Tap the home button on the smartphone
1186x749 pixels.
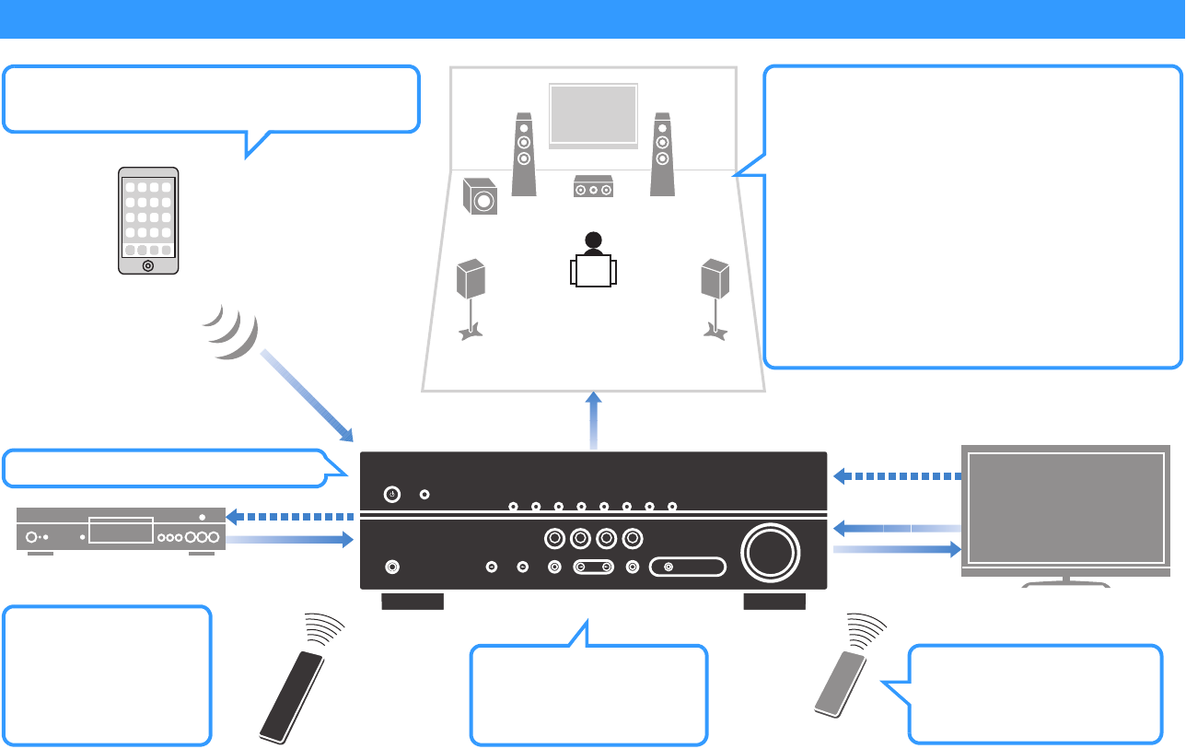click(148, 265)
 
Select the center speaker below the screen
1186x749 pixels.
click(594, 188)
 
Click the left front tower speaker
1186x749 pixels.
click(524, 154)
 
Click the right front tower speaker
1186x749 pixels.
click(661, 154)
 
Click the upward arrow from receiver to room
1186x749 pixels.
click(594, 419)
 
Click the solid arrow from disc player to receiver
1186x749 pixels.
click(290, 541)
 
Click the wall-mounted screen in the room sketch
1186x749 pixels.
click(593, 114)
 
